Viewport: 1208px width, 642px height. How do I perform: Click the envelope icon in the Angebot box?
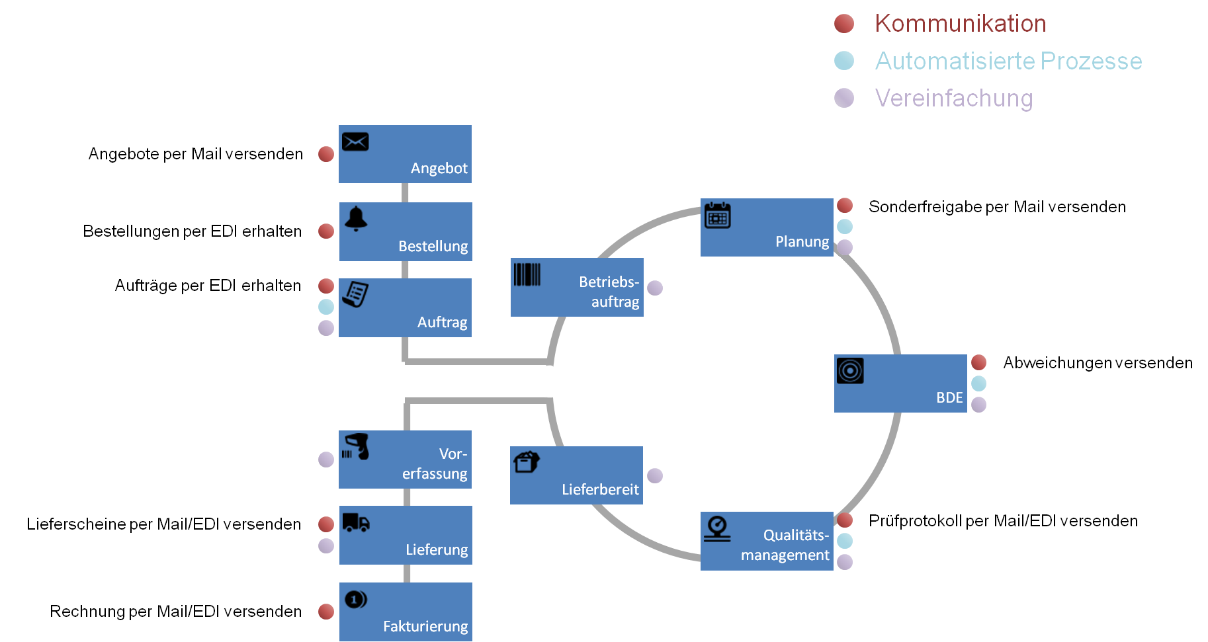coord(355,141)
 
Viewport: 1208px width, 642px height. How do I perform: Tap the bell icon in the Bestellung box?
coord(356,218)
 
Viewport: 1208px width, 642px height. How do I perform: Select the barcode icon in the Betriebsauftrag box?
coord(527,274)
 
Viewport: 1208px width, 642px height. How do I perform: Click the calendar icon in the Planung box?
coord(717,215)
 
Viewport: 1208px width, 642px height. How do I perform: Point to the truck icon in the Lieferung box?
coord(356,522)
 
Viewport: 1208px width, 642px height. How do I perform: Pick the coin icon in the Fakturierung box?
coord(355,600)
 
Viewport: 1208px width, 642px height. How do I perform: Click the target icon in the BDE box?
coord(850,371)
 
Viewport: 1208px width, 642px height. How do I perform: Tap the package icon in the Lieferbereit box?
coord(527,461)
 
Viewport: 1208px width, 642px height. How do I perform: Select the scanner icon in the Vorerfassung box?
coord(356,446)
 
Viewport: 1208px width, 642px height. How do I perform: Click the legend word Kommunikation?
coord(960,24)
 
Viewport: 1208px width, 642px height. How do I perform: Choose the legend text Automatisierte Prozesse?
coord(1008,61)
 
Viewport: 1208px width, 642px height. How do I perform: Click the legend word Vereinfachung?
coord(953,98)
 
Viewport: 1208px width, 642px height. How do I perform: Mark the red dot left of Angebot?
coord(326,154)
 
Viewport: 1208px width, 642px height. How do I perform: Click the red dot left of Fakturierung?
coord(326,612)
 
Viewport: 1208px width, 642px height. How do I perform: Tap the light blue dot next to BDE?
coord(979,383)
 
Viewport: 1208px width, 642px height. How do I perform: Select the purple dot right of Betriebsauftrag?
coord(655,288)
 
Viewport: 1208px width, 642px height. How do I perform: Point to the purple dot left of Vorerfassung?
coord(326,460)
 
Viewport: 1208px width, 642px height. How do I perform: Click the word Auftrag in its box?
coord(442,322)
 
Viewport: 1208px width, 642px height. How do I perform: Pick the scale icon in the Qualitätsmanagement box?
coord(717,529)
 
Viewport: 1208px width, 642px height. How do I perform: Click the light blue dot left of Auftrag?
coord(326,307)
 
